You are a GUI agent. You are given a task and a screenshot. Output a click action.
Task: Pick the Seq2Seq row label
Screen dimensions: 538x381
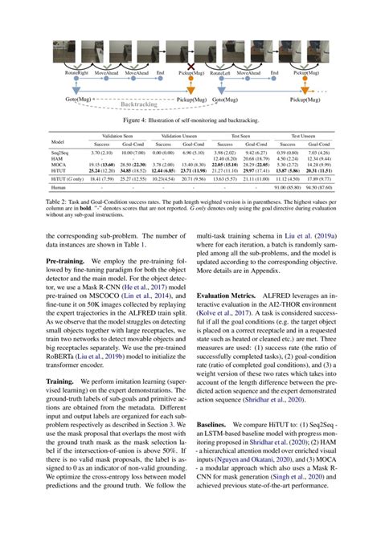pos(59,153)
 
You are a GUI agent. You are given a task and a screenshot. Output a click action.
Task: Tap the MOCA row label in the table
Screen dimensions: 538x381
pos(57,165)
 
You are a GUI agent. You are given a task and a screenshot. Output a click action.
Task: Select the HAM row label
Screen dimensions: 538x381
pos(55,159)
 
